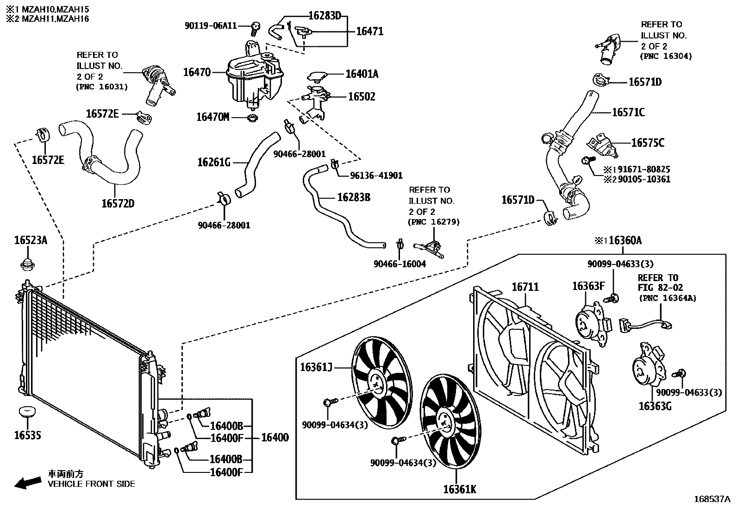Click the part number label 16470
tap(197, 72)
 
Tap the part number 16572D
tap(118, 203)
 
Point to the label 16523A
tap(31, 240)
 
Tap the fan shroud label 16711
tap(525, 287)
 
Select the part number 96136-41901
tap(376, 176)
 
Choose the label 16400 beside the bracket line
tap(275, 438)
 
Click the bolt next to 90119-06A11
tap(254, 28)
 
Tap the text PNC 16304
tap(666, 56)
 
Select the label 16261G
tap(214, 162)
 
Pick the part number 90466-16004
tap(400, 264)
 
